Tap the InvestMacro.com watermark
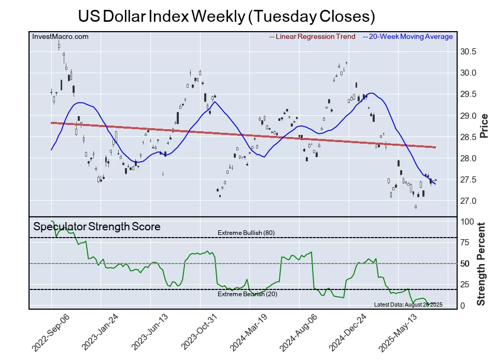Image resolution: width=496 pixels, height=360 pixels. click(60, 36)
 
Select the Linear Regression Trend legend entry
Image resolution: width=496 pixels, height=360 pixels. click(312, 36)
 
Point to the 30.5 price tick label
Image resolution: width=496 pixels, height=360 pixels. click(469, 51)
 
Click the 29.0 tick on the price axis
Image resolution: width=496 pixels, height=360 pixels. click(469, 116)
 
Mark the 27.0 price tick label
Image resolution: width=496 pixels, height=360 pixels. click(469, 201)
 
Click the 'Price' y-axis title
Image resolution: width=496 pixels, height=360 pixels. click(485, 126)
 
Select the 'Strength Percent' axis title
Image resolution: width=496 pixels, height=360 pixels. click(481, 264)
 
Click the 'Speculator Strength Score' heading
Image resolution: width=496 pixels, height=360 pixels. click(97, 227)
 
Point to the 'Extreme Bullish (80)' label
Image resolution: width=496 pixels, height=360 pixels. click(246, 233)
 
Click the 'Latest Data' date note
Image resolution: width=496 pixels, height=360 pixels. click(408, 304)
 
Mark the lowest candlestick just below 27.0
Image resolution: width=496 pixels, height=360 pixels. click(416, 207)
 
